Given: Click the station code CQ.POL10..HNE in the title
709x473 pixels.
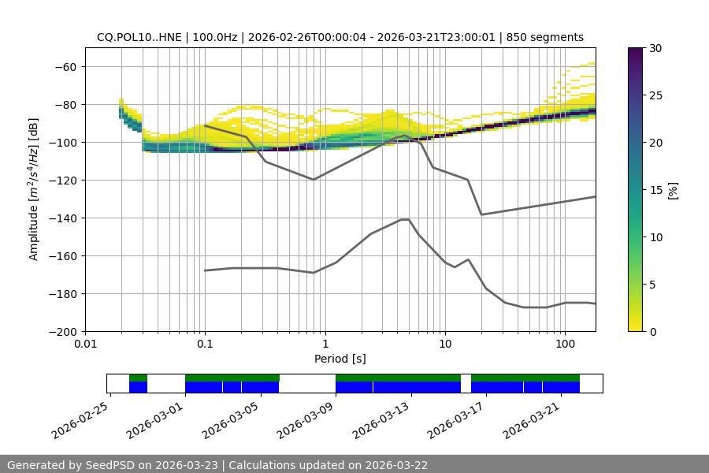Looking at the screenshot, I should [x=138, y=37].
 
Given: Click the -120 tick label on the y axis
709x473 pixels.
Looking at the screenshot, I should [x=61, y=180].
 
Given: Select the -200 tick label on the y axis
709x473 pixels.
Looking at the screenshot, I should [x=61, y=331].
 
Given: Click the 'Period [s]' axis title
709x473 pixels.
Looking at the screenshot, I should [x=340, y=359].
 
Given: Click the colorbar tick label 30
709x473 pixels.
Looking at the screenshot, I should [x=655, y=48].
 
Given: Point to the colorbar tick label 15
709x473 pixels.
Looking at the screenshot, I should [x=655, y=190].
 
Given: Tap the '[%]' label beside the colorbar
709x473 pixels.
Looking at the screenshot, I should [x=673, y=190].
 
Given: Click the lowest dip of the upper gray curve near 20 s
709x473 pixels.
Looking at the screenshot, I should [x=481, y=214].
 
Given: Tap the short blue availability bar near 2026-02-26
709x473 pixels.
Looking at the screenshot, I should [x=138, y=387].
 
